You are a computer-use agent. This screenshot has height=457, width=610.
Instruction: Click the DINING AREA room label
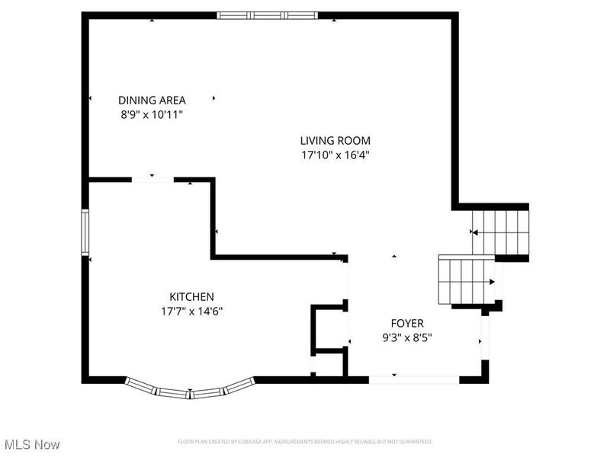152,100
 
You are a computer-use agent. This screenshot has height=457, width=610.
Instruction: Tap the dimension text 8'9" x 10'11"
152,114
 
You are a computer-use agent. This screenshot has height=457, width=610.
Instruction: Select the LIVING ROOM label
335,140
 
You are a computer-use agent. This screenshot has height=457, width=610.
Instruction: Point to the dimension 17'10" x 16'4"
335,155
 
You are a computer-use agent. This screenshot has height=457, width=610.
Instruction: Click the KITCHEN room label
191,296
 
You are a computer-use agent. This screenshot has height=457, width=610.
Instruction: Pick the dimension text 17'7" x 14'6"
191,311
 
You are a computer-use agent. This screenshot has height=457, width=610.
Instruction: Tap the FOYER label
407,323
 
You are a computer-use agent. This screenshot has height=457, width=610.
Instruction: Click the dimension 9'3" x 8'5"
407,337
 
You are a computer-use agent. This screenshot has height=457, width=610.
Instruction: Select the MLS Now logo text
31,443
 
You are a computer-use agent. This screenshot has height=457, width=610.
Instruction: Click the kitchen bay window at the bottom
190,390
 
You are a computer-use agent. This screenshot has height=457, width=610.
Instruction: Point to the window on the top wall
268,14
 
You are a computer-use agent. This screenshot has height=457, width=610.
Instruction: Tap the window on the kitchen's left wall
85,232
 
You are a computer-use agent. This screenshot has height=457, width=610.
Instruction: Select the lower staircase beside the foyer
466,280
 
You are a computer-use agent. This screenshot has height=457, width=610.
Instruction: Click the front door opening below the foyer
414,379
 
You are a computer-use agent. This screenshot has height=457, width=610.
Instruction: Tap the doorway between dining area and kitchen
152,180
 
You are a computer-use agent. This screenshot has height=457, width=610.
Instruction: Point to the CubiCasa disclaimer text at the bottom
305,442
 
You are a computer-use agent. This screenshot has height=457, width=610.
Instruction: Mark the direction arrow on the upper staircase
474,232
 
